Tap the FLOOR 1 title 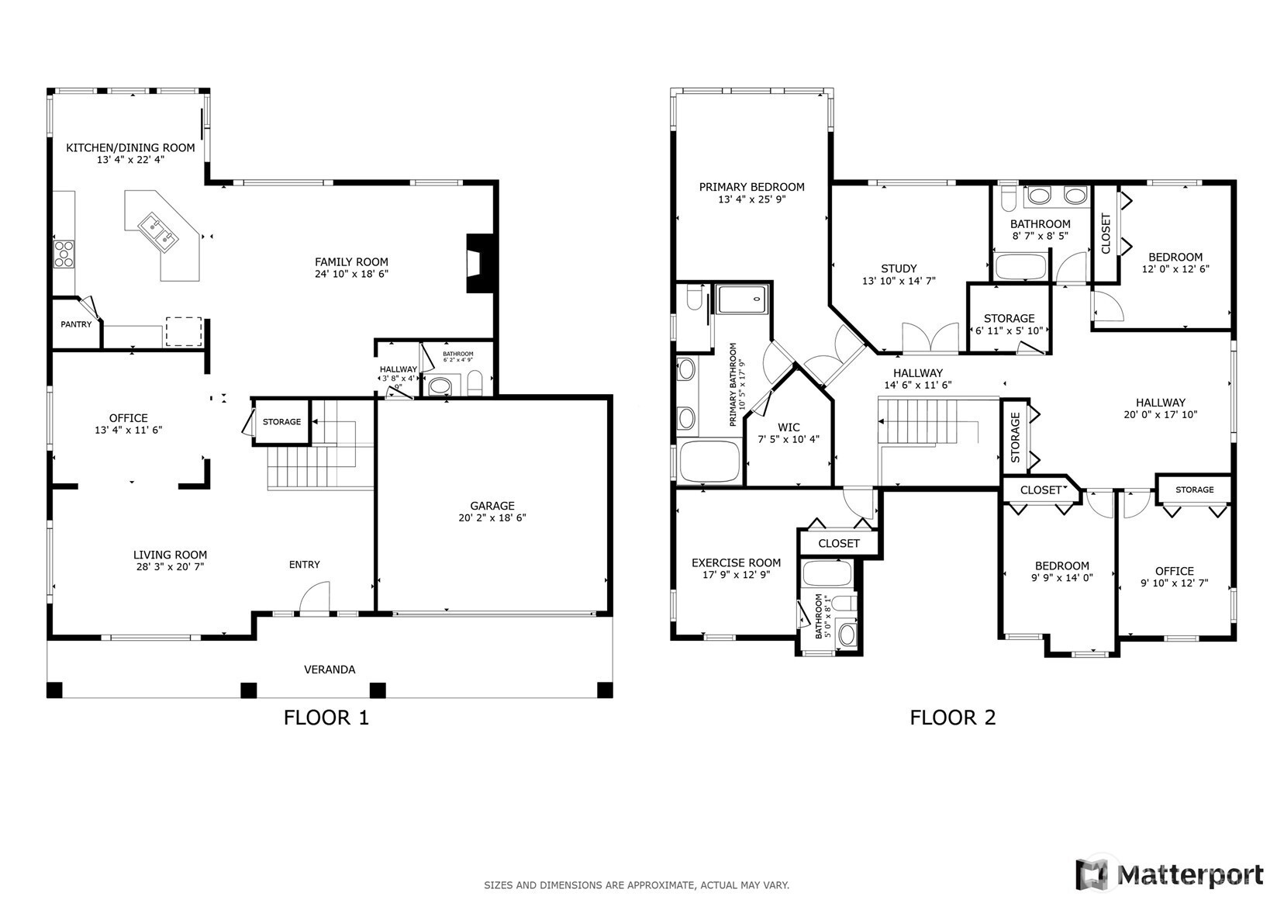click(x=326, y=717)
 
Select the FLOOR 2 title click(x=953, y=717)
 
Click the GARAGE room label click(x=492, y=505)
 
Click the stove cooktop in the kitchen click(x=64, y=254)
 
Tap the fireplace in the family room click(x=479, y=263)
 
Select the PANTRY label click(x=76, y=324)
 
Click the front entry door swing click(x=315, y=598)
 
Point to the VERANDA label click(x=330, y=669)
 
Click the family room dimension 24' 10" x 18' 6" click(x=351, y=274)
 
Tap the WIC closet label click(x=789, y=427)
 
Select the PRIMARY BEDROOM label click(x=752, y=186)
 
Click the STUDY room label click(x=899, y=268)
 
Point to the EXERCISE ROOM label click(x=736, y=562)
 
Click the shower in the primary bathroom click(x=742, y=299)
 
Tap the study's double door click(x=930, y=338)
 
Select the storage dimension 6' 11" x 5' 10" click(x=1009, y=330)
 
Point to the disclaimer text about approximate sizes click(x=637, y=885)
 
